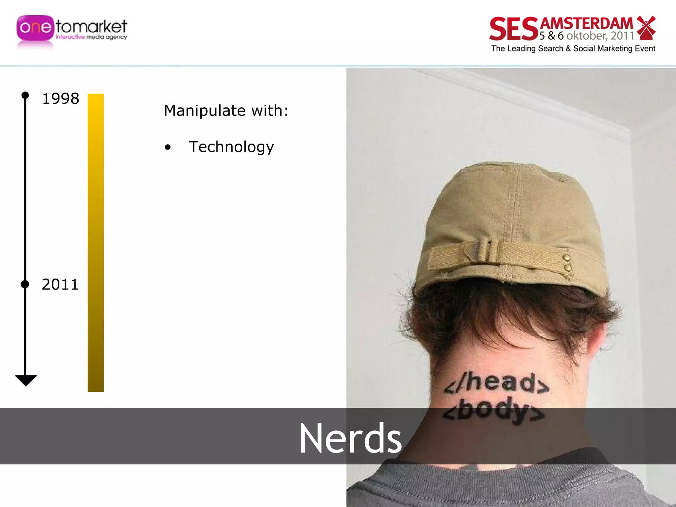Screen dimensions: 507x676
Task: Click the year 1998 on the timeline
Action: coord(61,98)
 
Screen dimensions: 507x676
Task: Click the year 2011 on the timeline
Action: coord(60,284)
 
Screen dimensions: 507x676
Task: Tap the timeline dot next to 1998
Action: coord(25,95)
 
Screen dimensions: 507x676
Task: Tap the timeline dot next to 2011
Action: coord(25,284)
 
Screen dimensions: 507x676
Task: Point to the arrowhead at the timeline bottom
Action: coord(26,380)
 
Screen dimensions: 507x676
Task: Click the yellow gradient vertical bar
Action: coord(96,243)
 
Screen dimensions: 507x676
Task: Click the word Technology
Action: coord(231,147)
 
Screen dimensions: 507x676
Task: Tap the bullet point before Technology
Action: coord(168,147)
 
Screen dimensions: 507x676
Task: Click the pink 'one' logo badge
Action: coord(35,28)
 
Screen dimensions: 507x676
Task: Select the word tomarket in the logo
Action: coord(91,26)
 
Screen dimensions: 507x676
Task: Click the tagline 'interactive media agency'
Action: coord(91,37)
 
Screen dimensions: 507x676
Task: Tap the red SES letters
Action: coord(514,29)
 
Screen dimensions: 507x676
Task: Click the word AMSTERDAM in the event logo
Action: coord(587,24)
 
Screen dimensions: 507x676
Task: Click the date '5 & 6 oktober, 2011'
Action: coord(587,36)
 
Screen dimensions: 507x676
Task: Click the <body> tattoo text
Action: coord(493,411)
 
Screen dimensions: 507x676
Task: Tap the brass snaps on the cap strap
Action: coord(567,263)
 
